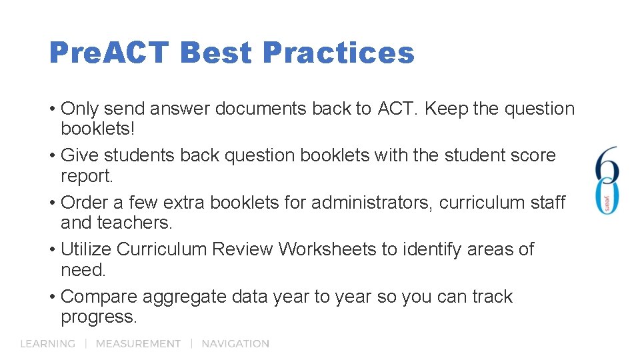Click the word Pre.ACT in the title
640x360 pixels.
click(109, 53)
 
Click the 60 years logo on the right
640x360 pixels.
click(607, 180)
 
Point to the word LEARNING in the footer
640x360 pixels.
click(47, 344)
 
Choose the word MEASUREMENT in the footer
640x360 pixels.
click(138, 344)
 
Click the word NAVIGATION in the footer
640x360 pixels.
click(235, 344)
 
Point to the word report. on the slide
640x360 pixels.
click(87, 175)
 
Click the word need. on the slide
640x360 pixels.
click(83, 269)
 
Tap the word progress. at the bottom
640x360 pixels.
click(99, 317)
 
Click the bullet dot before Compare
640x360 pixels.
click(52, 297)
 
